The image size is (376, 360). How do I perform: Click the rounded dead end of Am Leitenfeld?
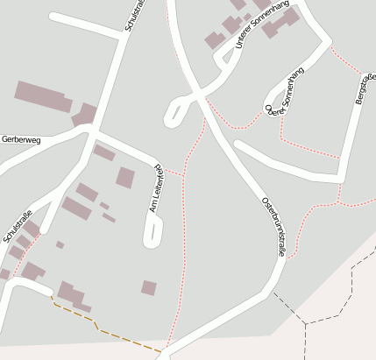[x=153, y=237]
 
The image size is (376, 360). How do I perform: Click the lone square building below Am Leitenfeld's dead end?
[x=149, y=287]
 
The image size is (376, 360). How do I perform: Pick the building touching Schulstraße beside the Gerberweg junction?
[x=85, y=114]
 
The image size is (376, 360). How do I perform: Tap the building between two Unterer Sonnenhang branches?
[x=214, y=40]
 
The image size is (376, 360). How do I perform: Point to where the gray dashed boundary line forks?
[x=305, y=324]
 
